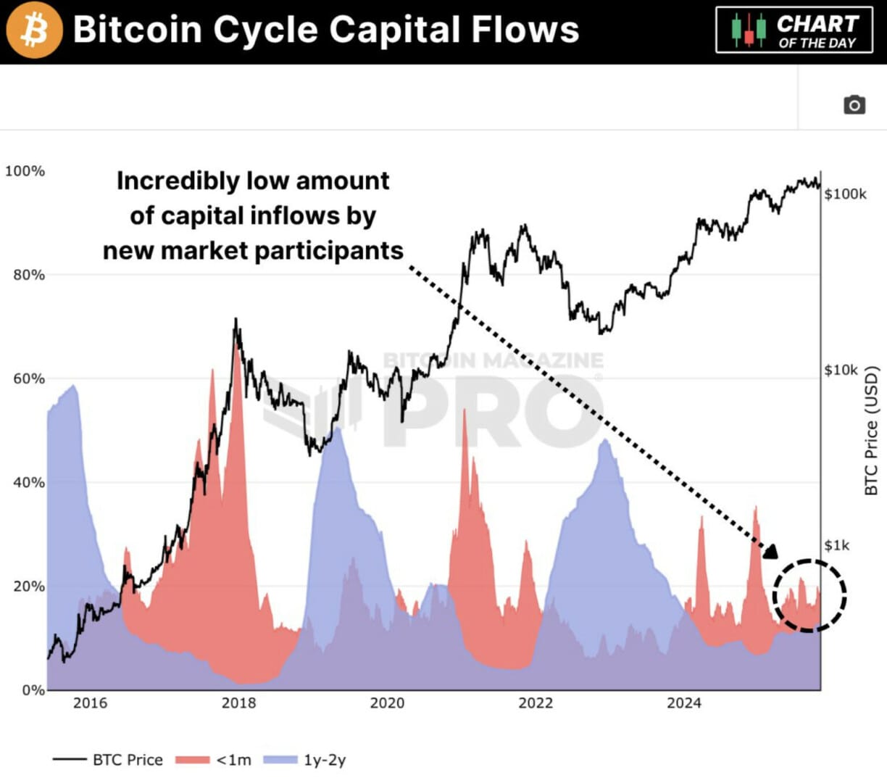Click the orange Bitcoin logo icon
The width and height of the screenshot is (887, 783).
(33, 30)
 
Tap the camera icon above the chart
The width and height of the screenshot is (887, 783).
(854, 105)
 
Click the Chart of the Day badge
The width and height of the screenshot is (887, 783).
(794, 30)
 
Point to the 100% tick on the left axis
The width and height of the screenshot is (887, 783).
(25, 171)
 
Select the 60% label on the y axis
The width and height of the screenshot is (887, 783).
(29, 378)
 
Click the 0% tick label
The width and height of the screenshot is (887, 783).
(32, 690)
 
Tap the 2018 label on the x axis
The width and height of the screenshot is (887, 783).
(238, 703)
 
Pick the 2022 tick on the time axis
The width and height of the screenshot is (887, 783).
(536, 703)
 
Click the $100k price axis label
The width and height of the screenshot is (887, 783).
(845, 194)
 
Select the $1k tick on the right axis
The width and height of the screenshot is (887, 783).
(837, 545)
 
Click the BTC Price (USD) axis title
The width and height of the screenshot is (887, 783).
(871, 431)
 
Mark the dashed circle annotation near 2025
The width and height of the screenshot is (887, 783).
(809, 595)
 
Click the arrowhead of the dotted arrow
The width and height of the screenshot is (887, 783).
(770, 552)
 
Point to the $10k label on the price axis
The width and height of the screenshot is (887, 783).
(841, 370)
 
